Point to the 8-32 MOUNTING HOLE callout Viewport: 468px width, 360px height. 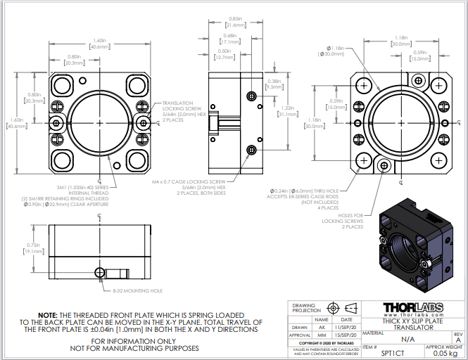click(137, 290)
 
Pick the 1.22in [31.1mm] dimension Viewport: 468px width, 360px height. click(287, 111)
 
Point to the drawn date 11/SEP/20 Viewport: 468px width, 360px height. click(346, 328)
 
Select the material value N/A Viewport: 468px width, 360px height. click(407, 339)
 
